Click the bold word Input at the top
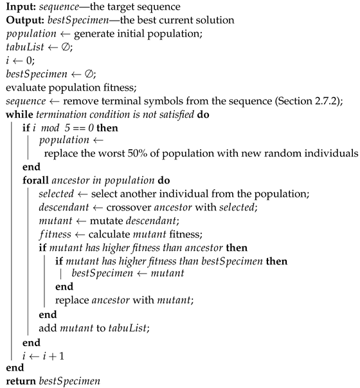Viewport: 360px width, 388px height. click(x=19, y=6)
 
